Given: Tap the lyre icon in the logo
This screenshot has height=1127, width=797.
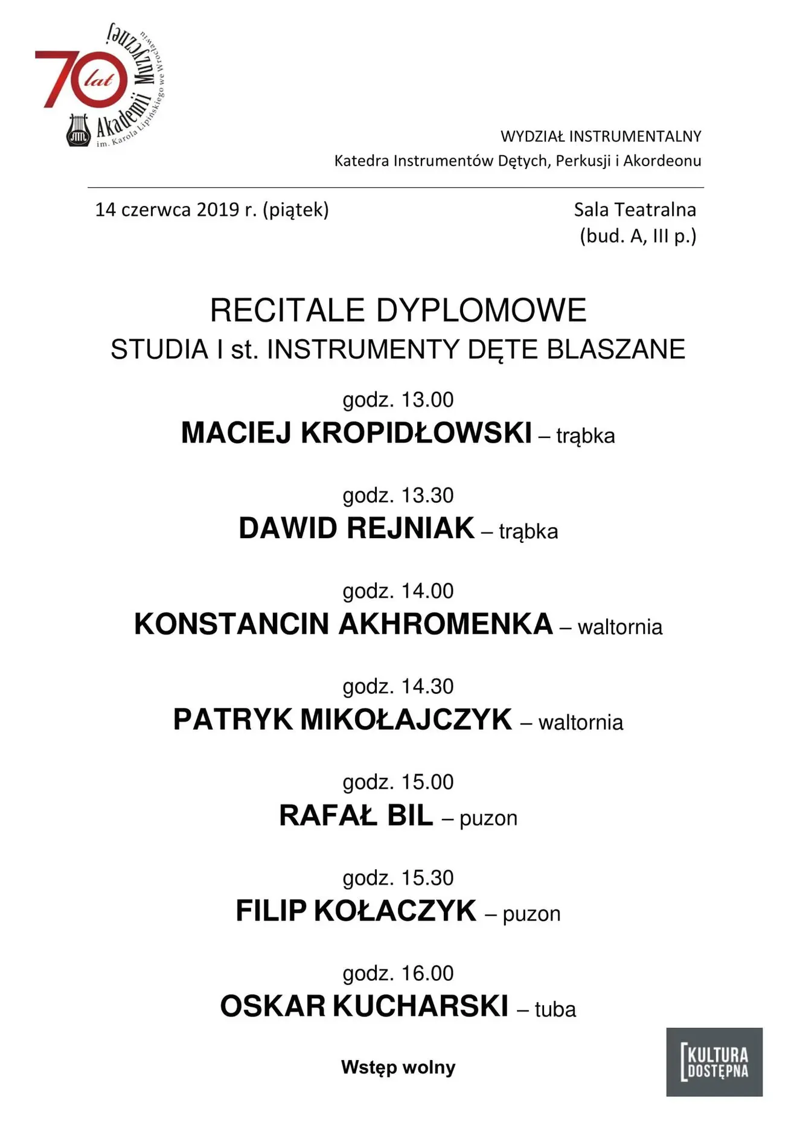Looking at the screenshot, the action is pyautogui.click(x=78, y=130).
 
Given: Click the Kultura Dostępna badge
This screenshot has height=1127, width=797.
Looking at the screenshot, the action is pyautogui.click(x=714, y=1062).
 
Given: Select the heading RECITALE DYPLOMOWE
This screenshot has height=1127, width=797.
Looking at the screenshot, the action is pyautogui.click(x=398, y=310).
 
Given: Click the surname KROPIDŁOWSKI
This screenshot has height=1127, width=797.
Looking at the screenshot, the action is pyautogui.click(x=416, y=433).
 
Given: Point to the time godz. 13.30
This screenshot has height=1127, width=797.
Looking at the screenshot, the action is pyautogui.click(x=398, y=495).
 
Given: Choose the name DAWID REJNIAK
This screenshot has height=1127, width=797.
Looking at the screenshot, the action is pyautogui.click(x=356, y=528).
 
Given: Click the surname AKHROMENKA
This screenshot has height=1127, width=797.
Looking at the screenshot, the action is pyautogui.click(x=446, y=624).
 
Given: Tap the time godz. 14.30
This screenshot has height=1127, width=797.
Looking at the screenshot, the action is pyautogui.click(x=398, y=687).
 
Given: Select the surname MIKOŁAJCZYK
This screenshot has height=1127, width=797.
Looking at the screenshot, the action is pyautogui.click(x=406, y=720).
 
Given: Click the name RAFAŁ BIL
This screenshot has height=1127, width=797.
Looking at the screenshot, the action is pyautogui.click(x=356, y=815).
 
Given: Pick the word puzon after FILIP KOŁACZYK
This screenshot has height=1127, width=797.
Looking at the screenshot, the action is pyautogui.click(x=531, y=914).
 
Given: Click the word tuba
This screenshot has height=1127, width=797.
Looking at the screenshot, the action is pyautogui.click(x=555, y=1009).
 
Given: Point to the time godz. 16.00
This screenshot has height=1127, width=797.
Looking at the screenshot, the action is pyautogui.click(x=398, y=973).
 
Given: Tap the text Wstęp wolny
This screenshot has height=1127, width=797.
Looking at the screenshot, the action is pyautogui.click(x=398, y=1067).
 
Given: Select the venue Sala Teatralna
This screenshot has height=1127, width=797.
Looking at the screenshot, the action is pyautogui.click(x=635, y=210).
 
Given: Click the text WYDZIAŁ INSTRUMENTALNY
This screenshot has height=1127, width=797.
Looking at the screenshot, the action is pyautogui.click(x=601, y=136).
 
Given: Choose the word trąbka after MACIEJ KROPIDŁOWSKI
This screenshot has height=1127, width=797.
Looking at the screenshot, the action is pyautogui.click(x=585, y=435).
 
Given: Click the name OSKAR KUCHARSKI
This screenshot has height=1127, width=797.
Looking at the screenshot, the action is pyautogui.click(x=364, y=1007).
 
